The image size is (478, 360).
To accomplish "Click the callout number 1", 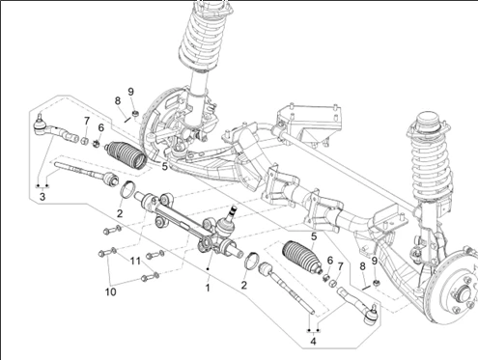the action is (x=208, y=288).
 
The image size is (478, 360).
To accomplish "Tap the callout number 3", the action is (x=42, y=196).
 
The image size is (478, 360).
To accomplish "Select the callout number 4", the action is (x=313, y=341).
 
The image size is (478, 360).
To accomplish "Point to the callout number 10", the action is (x=110, y=291).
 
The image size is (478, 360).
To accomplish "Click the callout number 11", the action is (x=135, y=261).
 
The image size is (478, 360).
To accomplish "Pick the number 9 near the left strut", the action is (x=130, y=92).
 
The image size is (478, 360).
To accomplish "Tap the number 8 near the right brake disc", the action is (x=363, y=266).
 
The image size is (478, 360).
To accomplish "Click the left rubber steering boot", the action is (x=127, y=154).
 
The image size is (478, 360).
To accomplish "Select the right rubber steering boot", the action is (x=301, y=257).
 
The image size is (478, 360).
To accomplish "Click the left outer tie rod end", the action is (x=55, y=130).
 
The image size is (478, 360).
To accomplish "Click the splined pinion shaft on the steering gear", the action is (x=233, y=212).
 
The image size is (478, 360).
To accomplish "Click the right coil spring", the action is (x=431, y=164).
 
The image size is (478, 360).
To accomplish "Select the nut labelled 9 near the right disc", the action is (x=376, y=283).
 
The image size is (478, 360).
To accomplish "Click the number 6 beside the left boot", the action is (x=101, y=127).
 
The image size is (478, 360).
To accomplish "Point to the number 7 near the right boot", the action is (x=340, y=266).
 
